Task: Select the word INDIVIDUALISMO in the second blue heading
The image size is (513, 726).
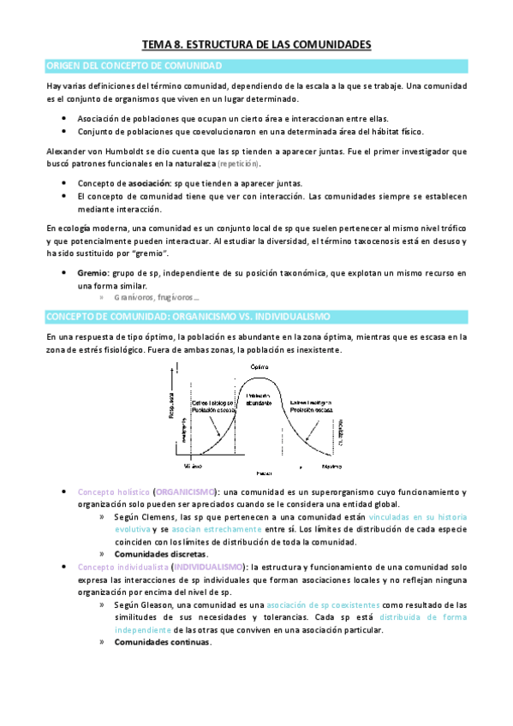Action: [283, 318]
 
